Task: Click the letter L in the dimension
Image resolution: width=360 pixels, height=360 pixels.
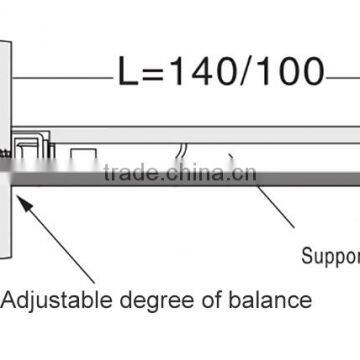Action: (x=126, y=72)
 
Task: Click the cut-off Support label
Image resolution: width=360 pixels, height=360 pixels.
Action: (x=330, y=255)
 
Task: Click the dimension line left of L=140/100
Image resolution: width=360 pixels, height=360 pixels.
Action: (x=60, y=78)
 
